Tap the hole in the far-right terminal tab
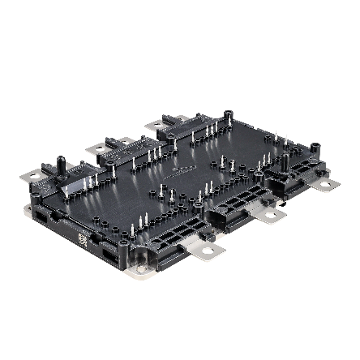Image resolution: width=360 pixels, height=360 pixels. tap(328, 186)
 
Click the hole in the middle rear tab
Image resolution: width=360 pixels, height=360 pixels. tap(96, 148)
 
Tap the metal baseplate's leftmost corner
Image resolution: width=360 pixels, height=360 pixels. tap(27, 212)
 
